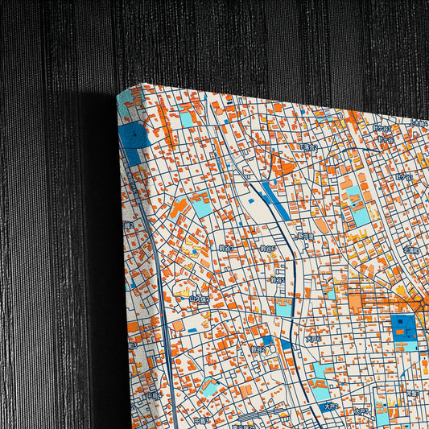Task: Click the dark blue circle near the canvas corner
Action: pos(134,135)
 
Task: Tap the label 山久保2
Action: pos(198,299)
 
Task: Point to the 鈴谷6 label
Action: pos(266,249)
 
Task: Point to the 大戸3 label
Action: pos(362,413)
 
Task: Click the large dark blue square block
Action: pos(402,328)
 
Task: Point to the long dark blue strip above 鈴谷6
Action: pos(274,200)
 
